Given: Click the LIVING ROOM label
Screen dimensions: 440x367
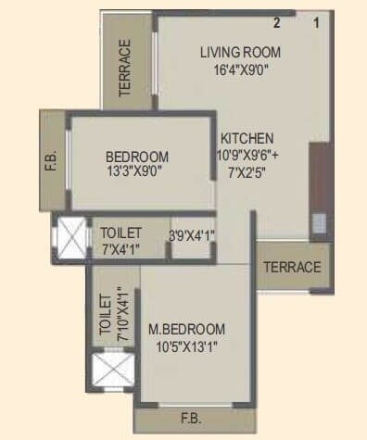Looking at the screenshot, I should (240, 52).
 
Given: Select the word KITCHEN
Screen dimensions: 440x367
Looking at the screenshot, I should (247, 137).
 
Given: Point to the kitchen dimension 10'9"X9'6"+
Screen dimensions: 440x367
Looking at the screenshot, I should (251, 154).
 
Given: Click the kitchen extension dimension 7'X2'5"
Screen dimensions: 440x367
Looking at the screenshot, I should (247, 170).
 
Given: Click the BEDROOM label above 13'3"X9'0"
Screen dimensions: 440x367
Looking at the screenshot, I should (137, 156).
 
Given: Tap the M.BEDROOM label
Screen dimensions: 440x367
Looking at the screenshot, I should (186, 330).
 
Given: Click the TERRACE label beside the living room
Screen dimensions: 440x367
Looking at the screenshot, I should (125, 68).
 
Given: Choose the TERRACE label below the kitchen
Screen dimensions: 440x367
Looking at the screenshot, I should (292, 267).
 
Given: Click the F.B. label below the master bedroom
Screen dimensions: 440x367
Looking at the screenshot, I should (192, 419).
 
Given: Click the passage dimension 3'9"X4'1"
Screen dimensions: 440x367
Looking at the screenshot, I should (192, 235).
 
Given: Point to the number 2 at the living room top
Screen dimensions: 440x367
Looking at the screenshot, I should (276, 22).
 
